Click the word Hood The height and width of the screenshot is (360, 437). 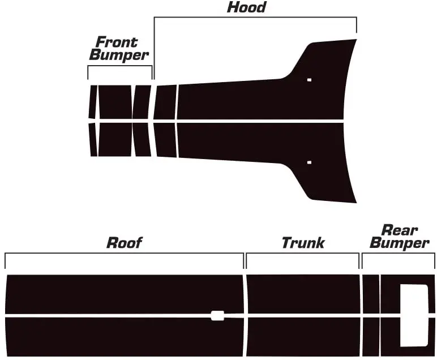246,7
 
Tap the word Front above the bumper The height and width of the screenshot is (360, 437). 117,42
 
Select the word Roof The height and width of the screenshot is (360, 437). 124,243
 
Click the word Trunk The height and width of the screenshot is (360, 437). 303,243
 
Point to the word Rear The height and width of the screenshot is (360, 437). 400,230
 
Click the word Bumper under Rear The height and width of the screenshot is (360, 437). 400,244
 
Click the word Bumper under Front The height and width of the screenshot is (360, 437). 119,55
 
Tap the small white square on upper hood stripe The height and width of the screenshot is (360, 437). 309,80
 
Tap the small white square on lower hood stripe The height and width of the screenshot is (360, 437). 309,162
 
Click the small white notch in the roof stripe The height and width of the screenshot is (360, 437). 217,315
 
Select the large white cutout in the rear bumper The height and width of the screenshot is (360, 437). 414,315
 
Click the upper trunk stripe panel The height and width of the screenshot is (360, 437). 303,293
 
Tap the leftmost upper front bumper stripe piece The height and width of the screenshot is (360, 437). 92,102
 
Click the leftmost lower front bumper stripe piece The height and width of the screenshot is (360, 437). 93,139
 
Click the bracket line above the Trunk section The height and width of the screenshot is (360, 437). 303,254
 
